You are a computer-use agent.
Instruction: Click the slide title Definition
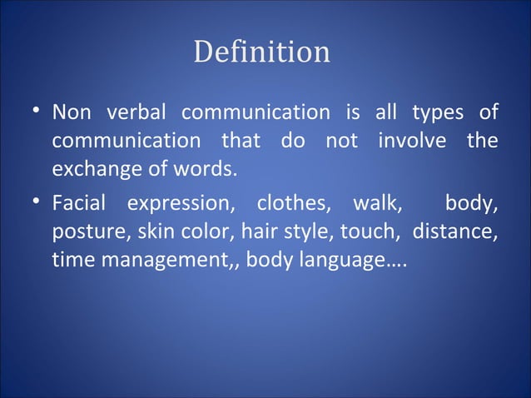(x=261, y=52)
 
